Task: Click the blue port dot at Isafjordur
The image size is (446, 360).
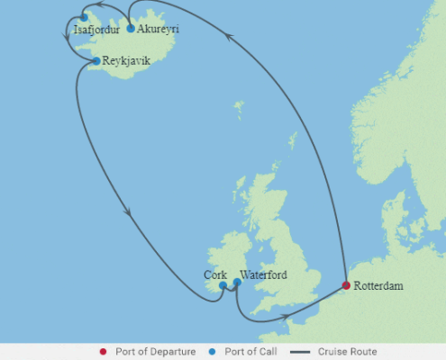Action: (84, 17)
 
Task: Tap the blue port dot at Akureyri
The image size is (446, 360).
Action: (132, 29)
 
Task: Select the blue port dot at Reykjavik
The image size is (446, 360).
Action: (96, 61)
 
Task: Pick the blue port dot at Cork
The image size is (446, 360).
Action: (223, 287)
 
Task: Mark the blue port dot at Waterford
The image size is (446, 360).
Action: (237, 283)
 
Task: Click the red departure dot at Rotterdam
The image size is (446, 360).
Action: (346, 285)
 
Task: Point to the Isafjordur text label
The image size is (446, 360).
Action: (96, 29)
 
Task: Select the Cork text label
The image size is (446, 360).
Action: (215, 275)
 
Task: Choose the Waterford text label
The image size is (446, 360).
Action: (264, 275)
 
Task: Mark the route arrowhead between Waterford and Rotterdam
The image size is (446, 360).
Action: (287, 316)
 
